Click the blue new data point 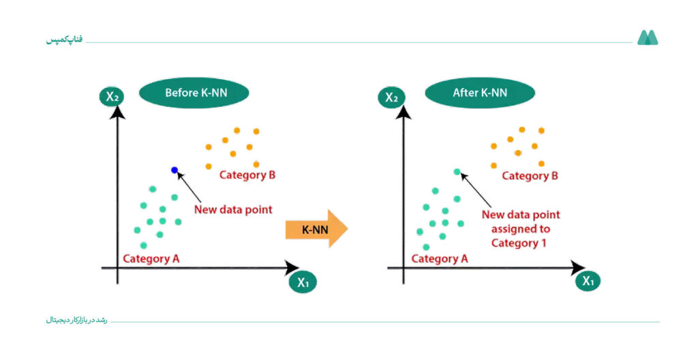coord(174,170)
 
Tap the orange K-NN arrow coord(316,229)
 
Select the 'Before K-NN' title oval coord(194,93)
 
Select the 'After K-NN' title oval coord(480,93)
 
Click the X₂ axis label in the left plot coord(112,96)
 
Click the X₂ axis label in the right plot coord(391,97)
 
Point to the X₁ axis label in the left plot coord(303,282)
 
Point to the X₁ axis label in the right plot coord(588,281)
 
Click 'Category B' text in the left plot coord(247,175)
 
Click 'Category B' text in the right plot coord(530,176)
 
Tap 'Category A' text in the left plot coord(151,259)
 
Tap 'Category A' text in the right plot coord(440,259)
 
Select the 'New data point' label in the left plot coord(233,209)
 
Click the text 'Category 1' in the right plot coord(519,243)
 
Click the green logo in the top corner coord(648,38)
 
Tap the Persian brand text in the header coord(64,40)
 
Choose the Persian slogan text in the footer coord(76,320)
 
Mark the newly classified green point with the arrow coord(457,172)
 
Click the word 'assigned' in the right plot coord(513,229)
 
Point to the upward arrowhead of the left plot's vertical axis coord(117,112)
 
